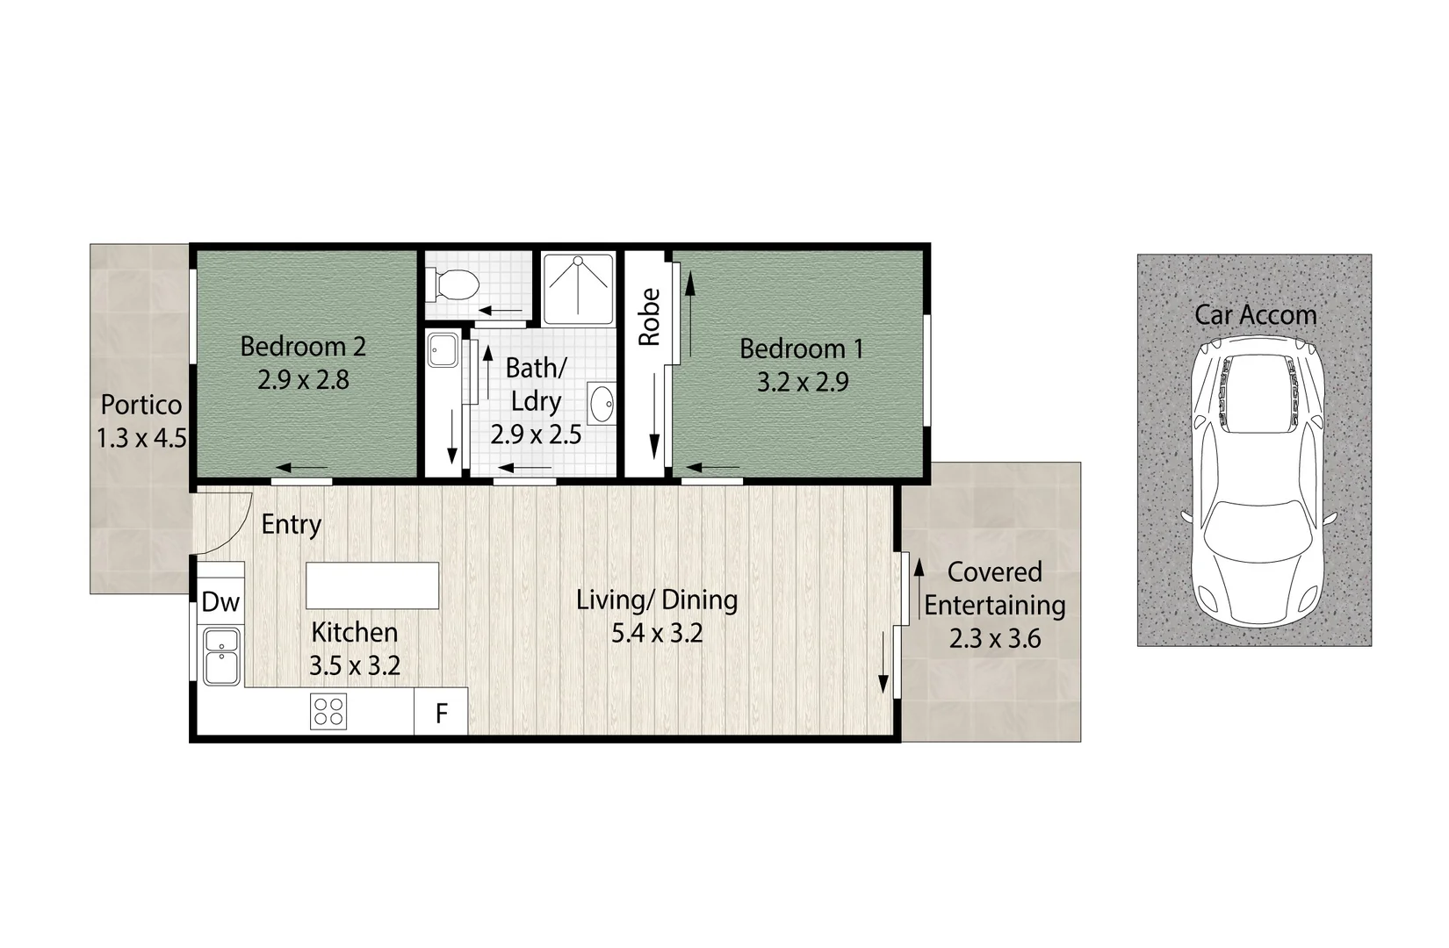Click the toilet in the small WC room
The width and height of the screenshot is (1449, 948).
(453, 284)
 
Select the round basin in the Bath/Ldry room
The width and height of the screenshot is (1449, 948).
(602, 405)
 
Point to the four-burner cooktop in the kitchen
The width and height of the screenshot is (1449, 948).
(328, 711)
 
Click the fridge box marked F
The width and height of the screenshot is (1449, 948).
(441, 713)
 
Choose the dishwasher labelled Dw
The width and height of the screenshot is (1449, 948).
(220, 602)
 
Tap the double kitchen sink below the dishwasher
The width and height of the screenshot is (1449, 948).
(221, 656)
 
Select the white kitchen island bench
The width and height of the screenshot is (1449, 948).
(371, 585)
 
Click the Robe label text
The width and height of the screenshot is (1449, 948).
(649, 318)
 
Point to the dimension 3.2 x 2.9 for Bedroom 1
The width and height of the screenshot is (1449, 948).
(802, 383)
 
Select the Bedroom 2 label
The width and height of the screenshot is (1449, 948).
(302, 346)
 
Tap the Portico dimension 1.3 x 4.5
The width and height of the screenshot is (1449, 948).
(141, 437)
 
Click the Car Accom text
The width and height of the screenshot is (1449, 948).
(1255, 315)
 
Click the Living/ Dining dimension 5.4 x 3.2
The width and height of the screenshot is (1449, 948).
(657, 633)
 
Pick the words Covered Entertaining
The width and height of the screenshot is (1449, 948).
(994, 588)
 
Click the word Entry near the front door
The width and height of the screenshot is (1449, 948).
(292, 525)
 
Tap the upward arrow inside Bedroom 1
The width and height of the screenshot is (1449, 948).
(690, 312)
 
